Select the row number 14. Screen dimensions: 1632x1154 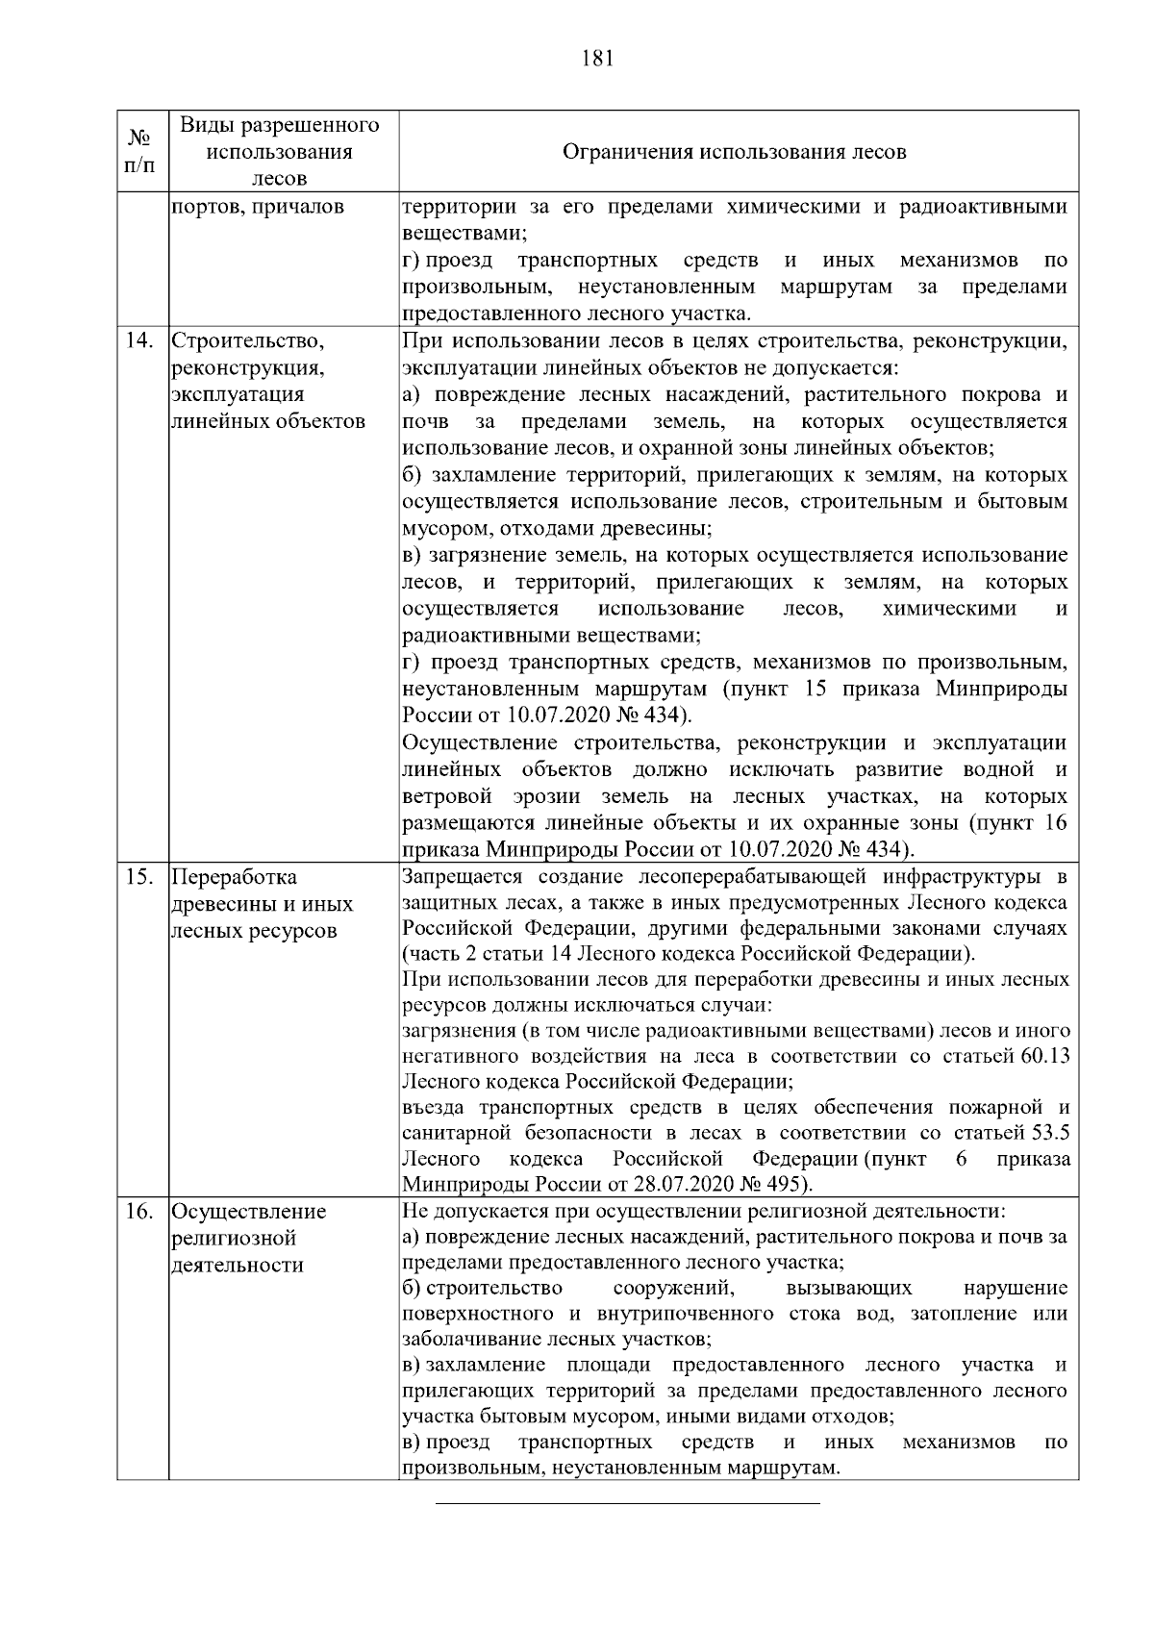coord(140,341)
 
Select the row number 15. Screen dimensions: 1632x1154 coord(140,877)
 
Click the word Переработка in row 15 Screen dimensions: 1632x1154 coord(235,877)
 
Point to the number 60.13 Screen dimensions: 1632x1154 coord(1044,1056)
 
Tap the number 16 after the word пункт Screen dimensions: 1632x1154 coord(1055,823)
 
